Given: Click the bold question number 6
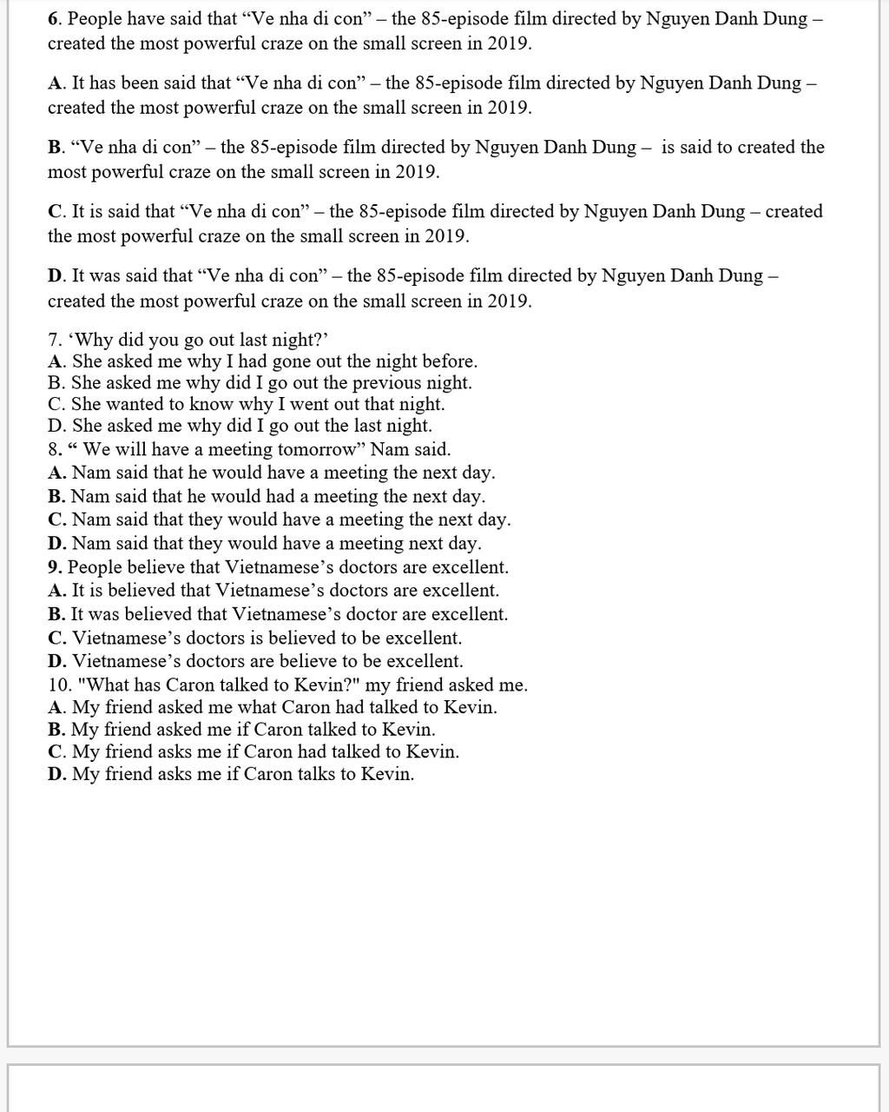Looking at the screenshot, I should tap(53, 18).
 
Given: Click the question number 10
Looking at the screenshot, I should tap(58, 685).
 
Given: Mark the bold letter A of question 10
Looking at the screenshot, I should tap(56, 707).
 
